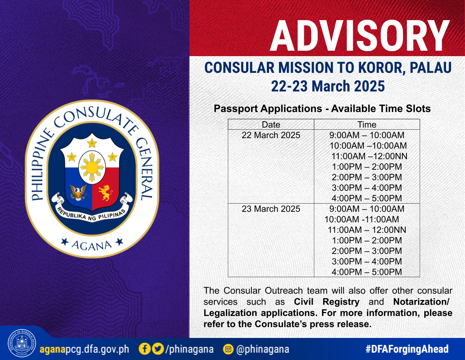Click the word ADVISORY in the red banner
coord(360,36)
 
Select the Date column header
coord(271,125)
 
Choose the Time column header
coord(367,125)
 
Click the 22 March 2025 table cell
coord(271,135)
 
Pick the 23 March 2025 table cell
coord(271,209)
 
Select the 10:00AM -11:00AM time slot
coord(362,219)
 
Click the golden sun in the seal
coord(92,167)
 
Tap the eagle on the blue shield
coord(78,193)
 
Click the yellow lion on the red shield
coord(105,193)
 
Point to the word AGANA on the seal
coord(91,245)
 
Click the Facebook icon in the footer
coord(145,349)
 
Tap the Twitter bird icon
coord(158,349)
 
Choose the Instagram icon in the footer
coord(228,349)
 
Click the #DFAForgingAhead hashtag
coord(407,349)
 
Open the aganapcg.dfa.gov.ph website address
coord(84,349)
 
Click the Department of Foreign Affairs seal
coord(22,343)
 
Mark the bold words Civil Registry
coord(327,302)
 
